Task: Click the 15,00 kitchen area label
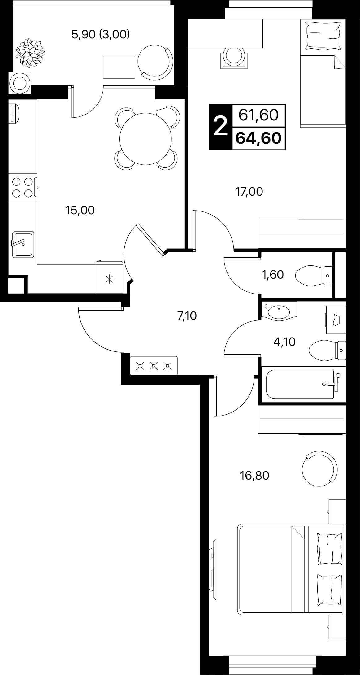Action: click(x=80, y=211)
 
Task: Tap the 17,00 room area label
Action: click(x=249, y=192)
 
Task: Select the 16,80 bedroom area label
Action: click(x=254, y=476)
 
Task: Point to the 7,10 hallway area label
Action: click(x=187, y=316)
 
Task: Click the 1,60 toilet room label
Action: click(x=273, y=275)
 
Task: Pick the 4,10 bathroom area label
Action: click(x=284, y=342)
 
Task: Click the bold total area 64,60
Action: click(x=258, y=138)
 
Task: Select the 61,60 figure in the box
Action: click(x=258, y=115)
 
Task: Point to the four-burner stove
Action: click(x=23, y=187)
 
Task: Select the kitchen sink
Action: click(x=23, y=245)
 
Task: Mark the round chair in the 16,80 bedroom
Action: click(x=319, y=468)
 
